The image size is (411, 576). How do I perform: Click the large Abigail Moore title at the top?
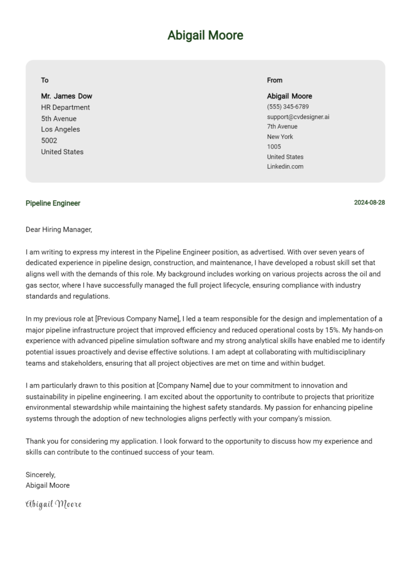[205, 35]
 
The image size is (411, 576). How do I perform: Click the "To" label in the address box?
[45, 80]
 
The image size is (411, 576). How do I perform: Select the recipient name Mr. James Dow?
[66, 96]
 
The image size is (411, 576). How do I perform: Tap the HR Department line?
[65, 107]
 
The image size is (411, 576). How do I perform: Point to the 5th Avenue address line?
[59, 119]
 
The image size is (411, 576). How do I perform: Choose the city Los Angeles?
[60, 129]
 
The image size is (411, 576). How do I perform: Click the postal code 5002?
[49, 141]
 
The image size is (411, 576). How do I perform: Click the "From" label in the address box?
[275, 80]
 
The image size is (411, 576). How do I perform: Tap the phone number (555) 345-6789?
[288, 107]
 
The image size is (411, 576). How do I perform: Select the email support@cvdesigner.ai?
[298, 116]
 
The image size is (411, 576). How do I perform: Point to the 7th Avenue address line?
[282, 127]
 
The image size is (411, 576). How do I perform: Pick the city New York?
[280, 137]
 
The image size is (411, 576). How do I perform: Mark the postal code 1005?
[274, 146]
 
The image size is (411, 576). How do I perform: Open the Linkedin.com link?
[285, 167]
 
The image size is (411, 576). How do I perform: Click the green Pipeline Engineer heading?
[53, 203]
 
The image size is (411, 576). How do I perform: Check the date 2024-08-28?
[369, 203]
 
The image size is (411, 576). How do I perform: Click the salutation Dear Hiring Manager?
[59, 230]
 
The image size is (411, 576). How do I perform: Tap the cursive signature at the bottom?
[54, 504]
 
